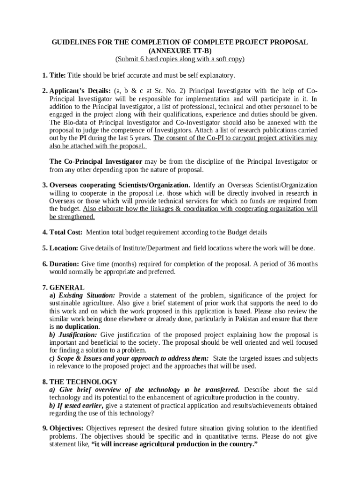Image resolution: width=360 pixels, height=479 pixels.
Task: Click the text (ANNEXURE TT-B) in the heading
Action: click(x=180, y=51)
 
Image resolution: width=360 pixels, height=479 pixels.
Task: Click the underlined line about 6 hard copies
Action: click(x=180, y=59)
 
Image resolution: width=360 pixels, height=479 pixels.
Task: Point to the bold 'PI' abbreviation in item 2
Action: click(x=83, y=138)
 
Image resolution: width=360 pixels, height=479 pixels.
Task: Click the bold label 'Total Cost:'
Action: click(x=66, y=232)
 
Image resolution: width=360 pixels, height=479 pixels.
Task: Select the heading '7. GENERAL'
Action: click(x=63, y=287)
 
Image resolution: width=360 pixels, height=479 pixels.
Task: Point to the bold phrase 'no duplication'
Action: click(x=77, y=327)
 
